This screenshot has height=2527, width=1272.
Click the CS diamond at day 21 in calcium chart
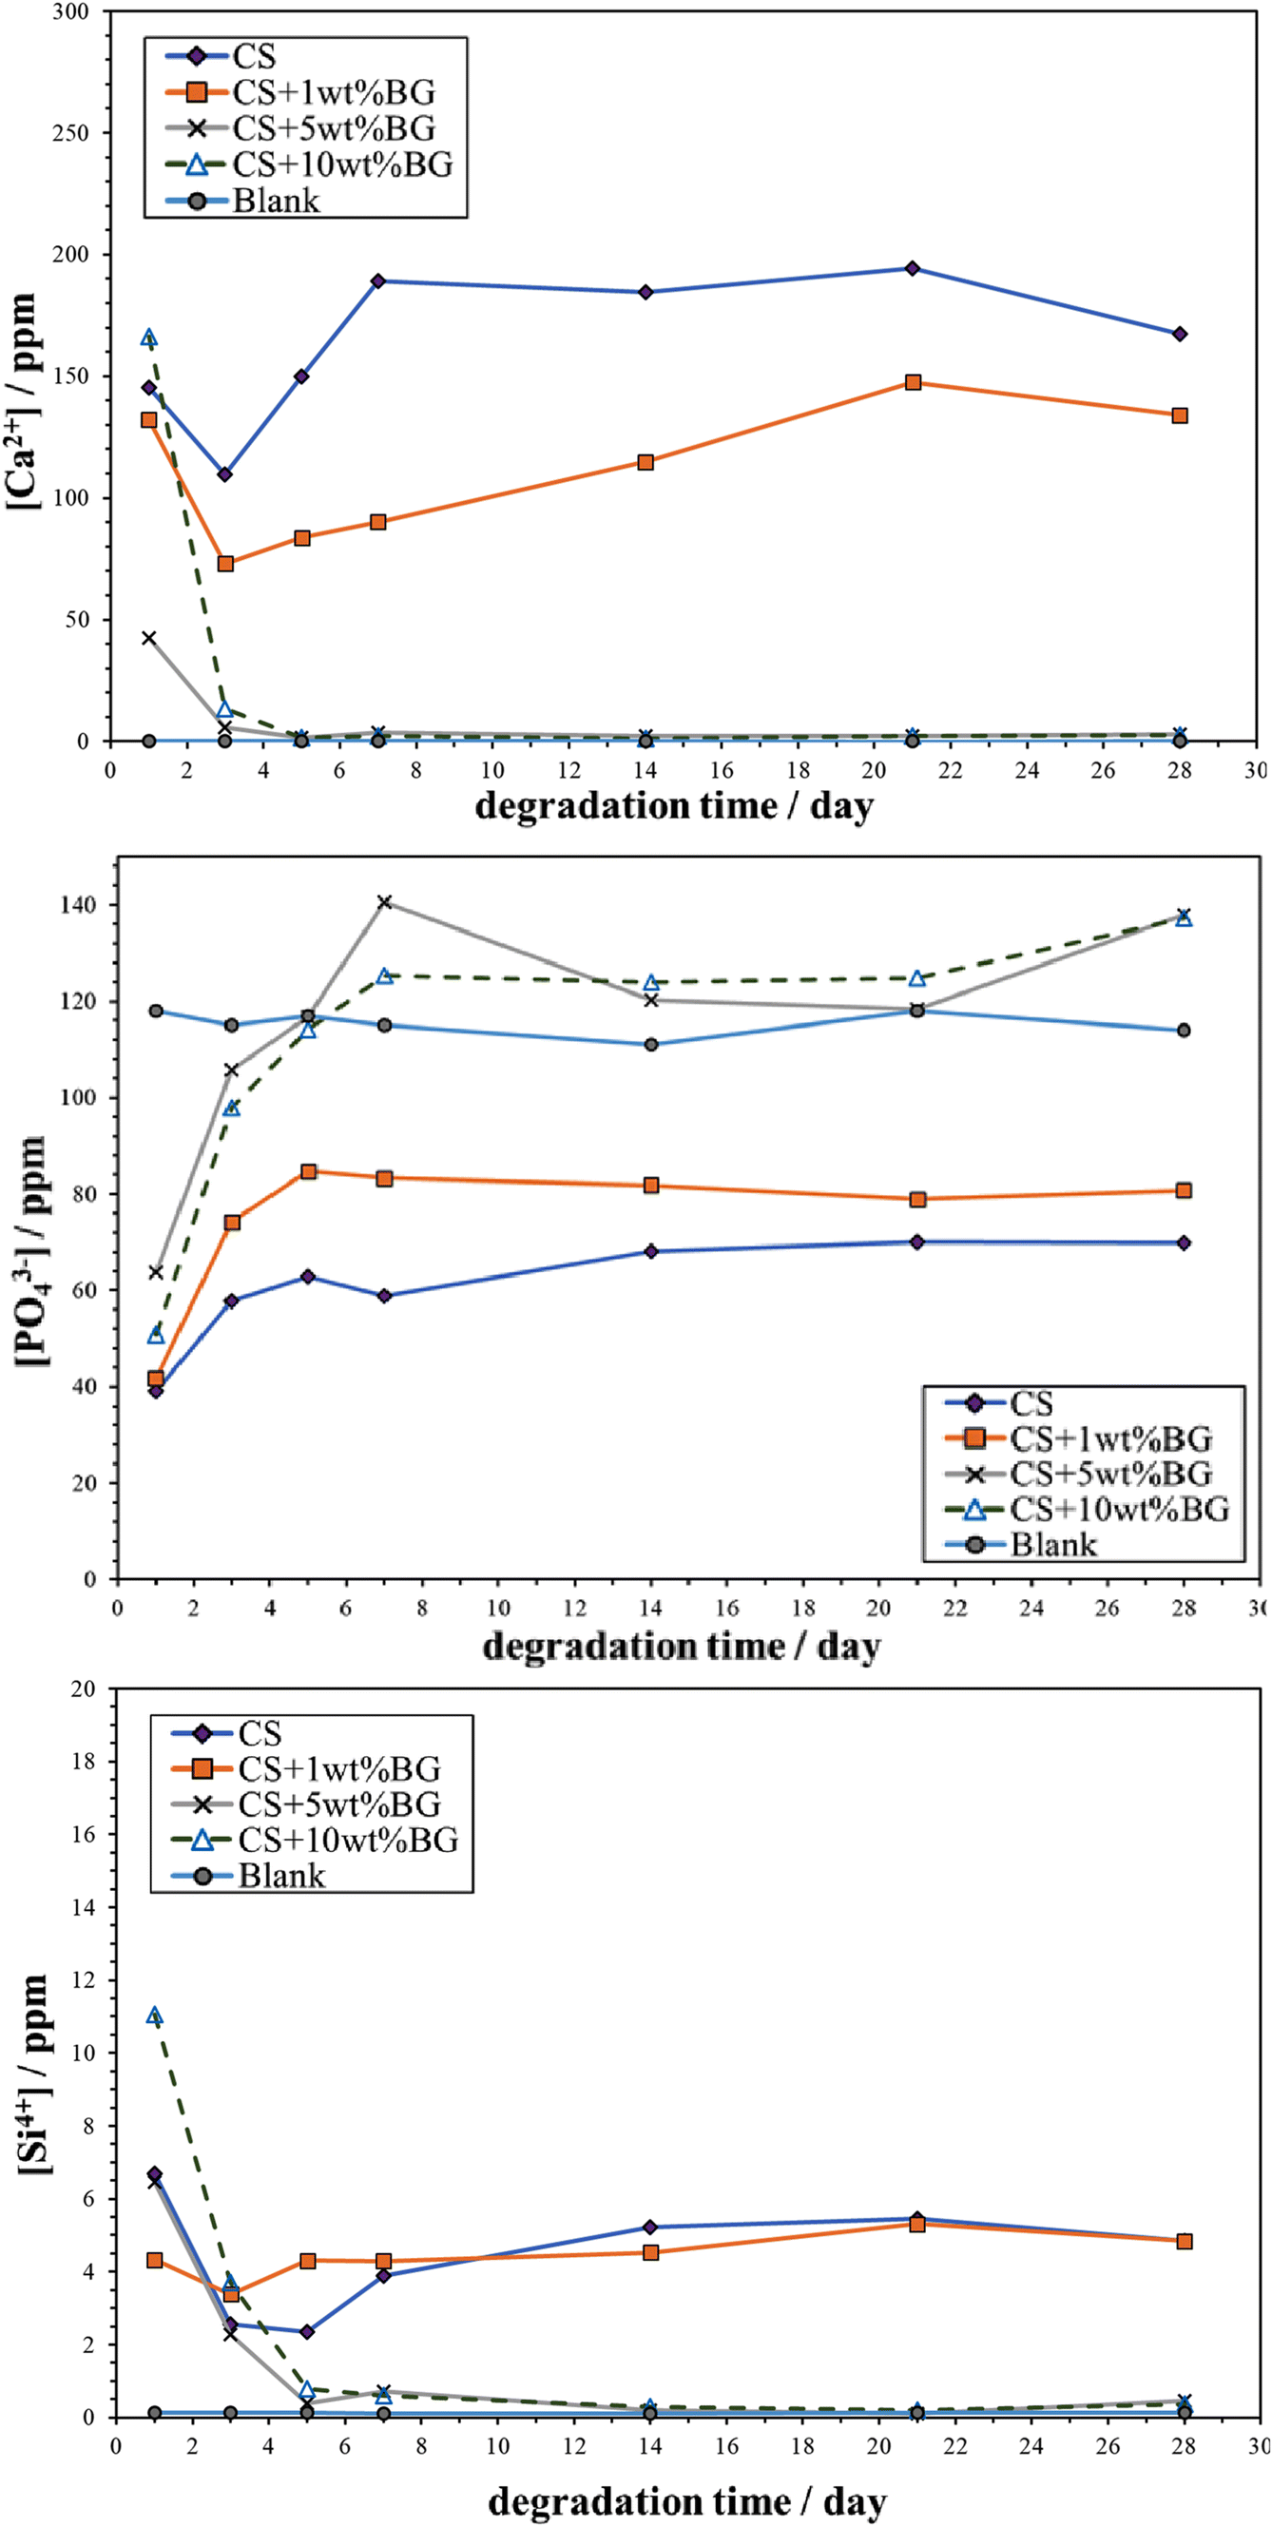point(912,269)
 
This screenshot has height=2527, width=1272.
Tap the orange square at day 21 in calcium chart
point(913,382)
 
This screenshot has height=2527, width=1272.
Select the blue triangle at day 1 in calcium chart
point(149,338)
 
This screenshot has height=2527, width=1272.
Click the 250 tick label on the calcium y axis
point(69,132)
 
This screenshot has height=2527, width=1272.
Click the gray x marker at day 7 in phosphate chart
point(384,901)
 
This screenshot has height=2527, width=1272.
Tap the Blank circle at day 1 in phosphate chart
point(156,1012)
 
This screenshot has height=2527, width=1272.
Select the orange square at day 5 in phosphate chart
point(309,1171)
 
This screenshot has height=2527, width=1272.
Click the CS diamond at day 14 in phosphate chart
point(651,1252)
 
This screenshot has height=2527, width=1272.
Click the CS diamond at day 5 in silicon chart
point(307,2332)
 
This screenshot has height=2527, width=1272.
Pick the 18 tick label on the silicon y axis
point(85,1761)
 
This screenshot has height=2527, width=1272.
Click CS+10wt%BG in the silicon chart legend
point(348,1840)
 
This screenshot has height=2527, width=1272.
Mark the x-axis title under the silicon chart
point(687,2502)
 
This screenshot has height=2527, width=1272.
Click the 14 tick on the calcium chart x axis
point(646,770)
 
